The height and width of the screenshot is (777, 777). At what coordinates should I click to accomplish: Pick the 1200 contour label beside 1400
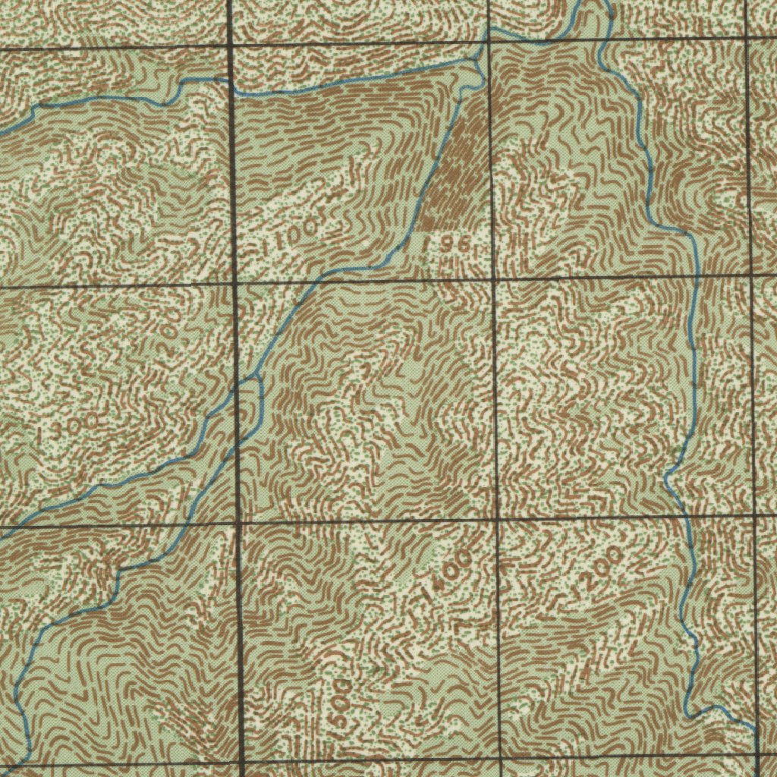[x=599, y=569]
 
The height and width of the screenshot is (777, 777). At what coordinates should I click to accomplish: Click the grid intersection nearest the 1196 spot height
[x=493, y=280]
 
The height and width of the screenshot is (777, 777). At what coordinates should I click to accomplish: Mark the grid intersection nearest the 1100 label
[x=234, y=285]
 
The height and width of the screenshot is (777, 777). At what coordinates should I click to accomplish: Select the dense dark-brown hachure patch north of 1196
[x=455, y=175]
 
